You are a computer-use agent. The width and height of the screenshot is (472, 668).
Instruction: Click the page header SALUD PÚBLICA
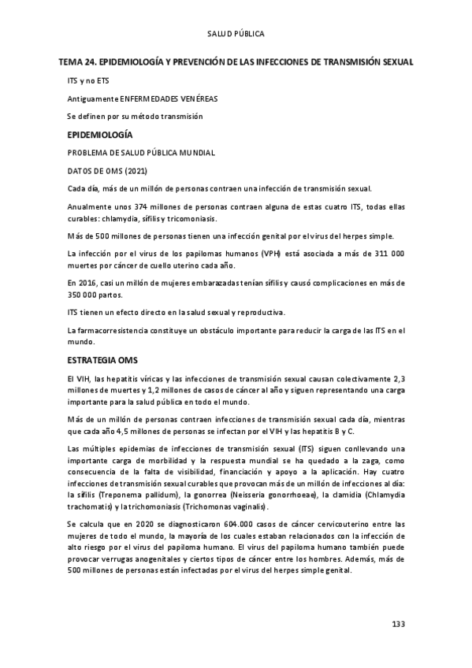point(236,34)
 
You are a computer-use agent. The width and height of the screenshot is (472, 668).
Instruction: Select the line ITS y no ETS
point(87,81)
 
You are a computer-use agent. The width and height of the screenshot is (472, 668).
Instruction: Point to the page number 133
point(397,624)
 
